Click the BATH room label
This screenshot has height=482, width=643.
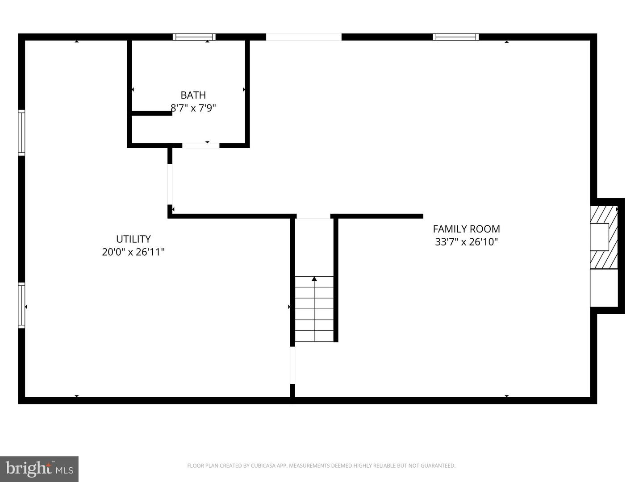click(x=193, y=95)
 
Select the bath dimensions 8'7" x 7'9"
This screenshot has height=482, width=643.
click(x=193, y=108)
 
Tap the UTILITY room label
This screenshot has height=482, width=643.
click(x=133, y=239)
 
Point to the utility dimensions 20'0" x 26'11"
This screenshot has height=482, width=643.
click(x=133, y=252)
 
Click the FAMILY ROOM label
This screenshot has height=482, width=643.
click(x=466, y=229)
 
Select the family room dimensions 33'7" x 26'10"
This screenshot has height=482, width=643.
click(x=466, y=242)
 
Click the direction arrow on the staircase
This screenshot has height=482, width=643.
click(x=314, y=279)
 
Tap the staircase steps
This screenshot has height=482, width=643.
click(x=314, y=312)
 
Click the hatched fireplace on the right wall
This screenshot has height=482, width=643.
click(x=604, y=237)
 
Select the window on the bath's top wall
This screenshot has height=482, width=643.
click(x=194, y=37)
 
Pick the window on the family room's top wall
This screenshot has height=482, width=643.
click(x=455, y=37)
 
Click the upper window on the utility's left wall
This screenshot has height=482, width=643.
click(x=21, y=132)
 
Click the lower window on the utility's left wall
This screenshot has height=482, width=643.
click(x=21, y=305)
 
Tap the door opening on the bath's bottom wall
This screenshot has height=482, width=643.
click(x=200, y=145)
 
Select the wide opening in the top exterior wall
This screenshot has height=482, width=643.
click(x=304, y=37)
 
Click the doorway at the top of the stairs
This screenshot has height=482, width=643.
click(x=313, y=216)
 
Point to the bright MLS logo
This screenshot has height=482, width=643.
click(x=39, y=469)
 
